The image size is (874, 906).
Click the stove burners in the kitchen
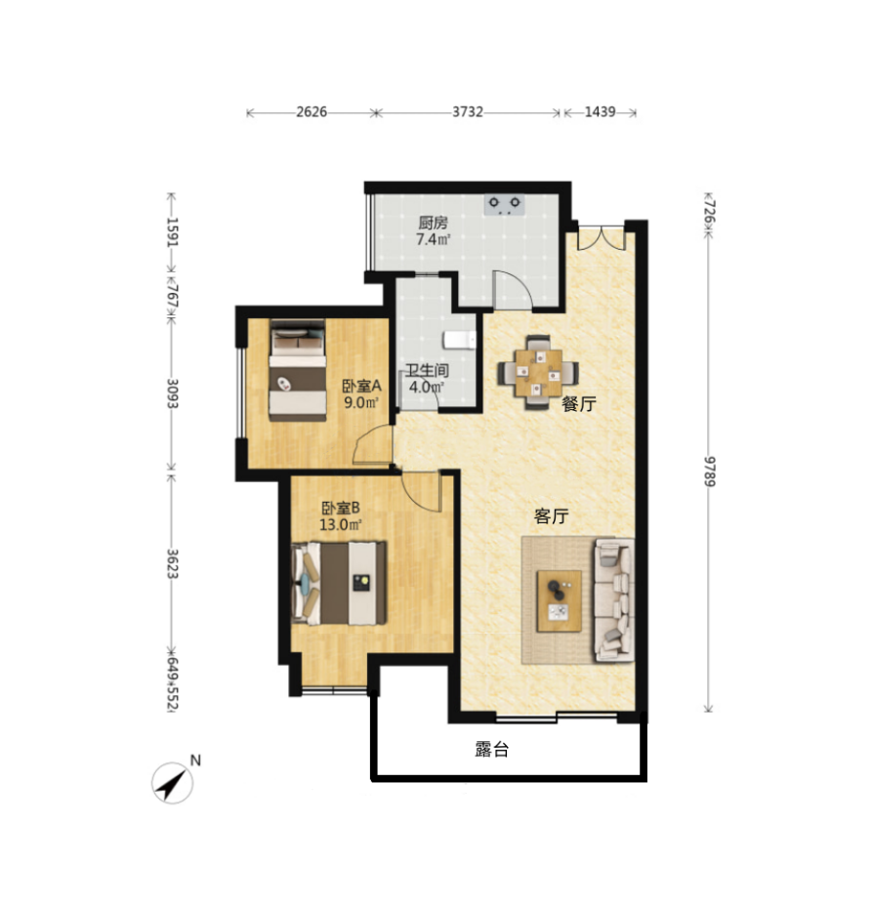(505, 205)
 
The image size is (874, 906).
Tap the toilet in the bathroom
(460, 341)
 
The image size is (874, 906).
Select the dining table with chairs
(538, 373)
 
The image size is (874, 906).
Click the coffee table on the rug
(559, 601)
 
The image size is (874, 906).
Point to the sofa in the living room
(614, 599)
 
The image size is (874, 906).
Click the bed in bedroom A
(298, 370)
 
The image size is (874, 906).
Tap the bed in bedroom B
(339, 583)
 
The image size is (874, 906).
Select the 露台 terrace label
(492, 750)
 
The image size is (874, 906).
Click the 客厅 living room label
(551, 516)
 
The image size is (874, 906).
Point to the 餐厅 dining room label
(579, 404)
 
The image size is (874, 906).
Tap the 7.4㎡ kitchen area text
(434, 238)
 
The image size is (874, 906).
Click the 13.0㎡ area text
(341, 524)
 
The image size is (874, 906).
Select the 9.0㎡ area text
(362, 402)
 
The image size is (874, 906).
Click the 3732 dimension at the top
(467, 111)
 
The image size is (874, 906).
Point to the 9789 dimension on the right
(709, 471)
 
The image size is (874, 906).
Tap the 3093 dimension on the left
(172, 392)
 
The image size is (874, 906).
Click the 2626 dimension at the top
(312, 111)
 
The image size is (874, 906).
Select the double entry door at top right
(602, 237)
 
